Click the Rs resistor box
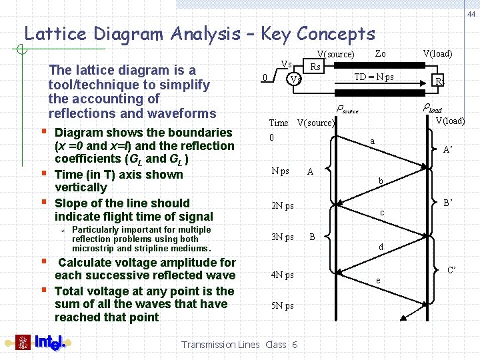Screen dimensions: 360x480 (x=315, y=66)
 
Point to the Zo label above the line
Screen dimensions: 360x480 (x=380, y=53)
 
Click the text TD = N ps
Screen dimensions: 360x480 (x=373, y=77)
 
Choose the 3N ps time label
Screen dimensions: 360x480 (x=283, y=237)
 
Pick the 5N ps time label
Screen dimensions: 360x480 (x=283, y=306)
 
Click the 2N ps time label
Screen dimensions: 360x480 (x=283, y=205)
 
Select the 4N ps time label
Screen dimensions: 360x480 (x=283, y=275)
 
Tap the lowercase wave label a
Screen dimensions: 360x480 (x=373, y=141)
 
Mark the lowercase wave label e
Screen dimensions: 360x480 (x=378, y=281)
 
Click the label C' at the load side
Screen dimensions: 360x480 (x=452, y=270)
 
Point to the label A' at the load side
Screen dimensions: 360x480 (x=449, y=150)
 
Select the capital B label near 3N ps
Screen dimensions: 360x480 (x=313, y=236)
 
